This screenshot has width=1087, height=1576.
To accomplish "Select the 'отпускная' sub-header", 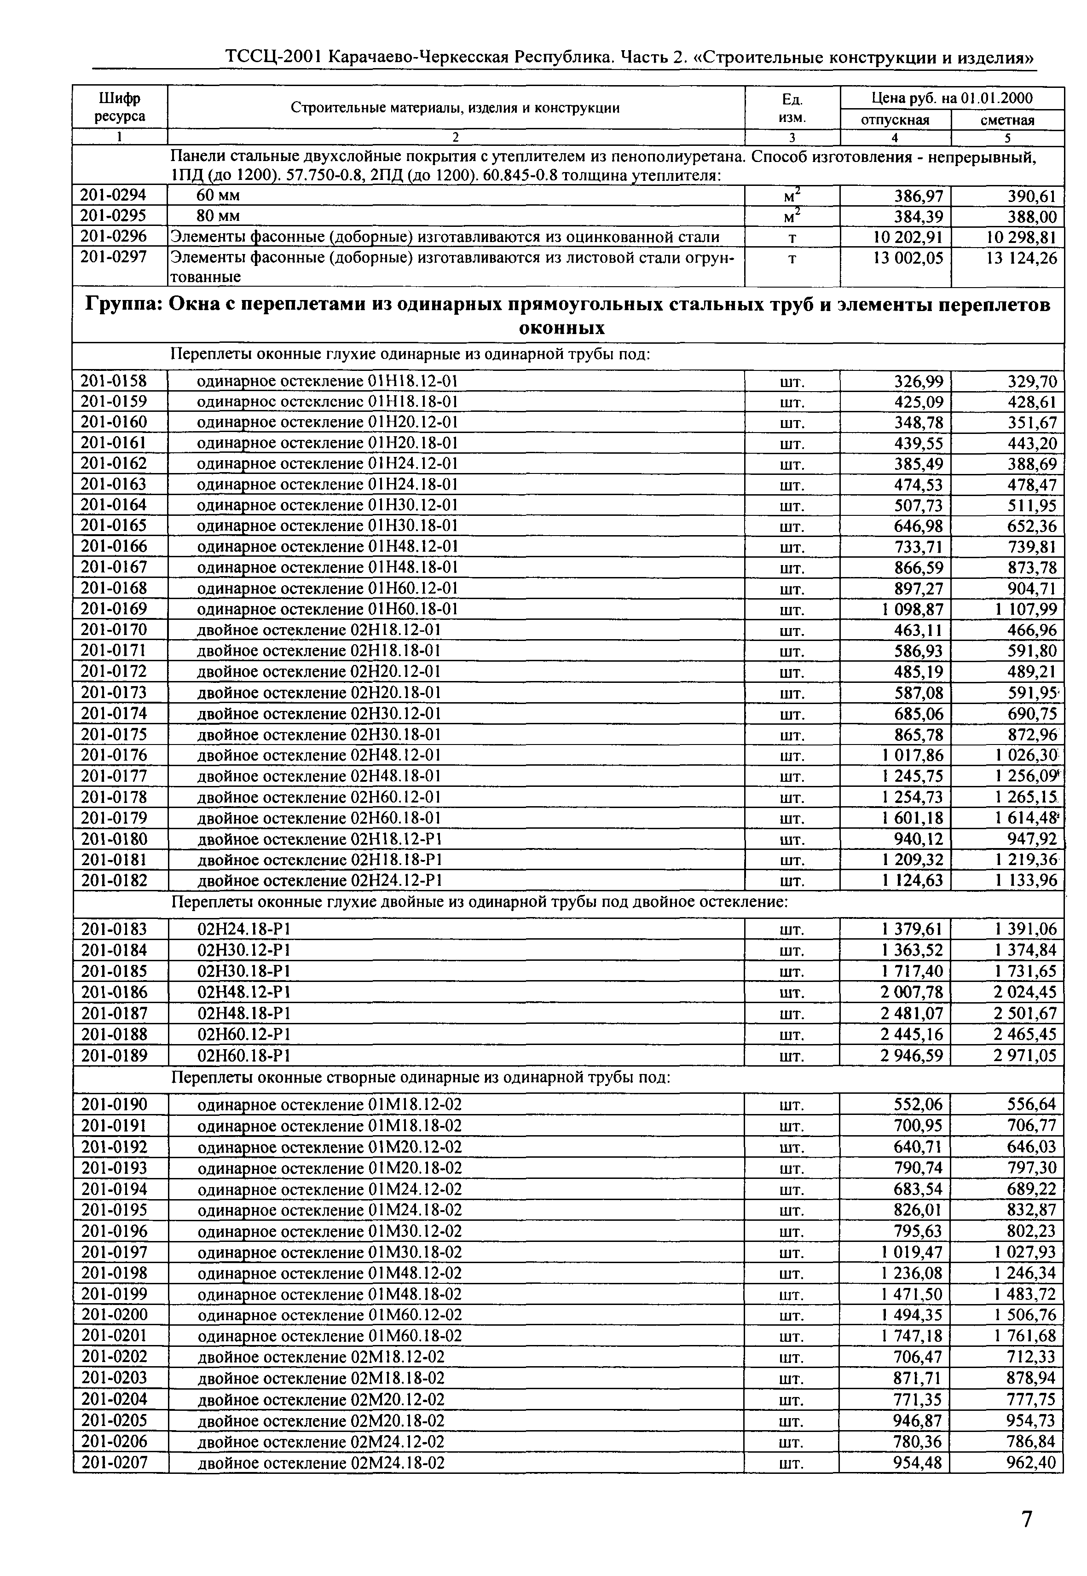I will pyautogui.click(x=895, y=121).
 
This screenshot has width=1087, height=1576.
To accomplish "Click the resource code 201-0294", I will pyautogui.click(x=114, y=196).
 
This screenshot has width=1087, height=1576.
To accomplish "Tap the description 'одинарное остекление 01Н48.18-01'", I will pyautogui.click(x=327, y=567).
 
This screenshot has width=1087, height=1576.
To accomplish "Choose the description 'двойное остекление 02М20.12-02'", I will pyautogui.click(x=320, y=1400).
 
